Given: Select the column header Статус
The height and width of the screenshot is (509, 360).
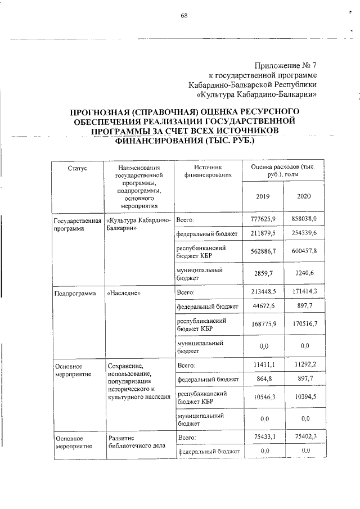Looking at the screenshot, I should pos(78,168).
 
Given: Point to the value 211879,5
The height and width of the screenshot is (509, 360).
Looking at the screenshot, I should pos(263,233).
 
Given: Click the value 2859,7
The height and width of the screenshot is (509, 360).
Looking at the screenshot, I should pos(264,274).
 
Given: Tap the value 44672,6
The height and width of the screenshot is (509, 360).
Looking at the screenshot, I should pos(263,307).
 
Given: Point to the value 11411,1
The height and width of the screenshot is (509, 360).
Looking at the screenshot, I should pos(264,366).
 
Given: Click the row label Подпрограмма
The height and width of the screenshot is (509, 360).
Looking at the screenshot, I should pos(75,293).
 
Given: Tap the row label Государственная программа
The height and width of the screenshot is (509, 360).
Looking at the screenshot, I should pos(77,224).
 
